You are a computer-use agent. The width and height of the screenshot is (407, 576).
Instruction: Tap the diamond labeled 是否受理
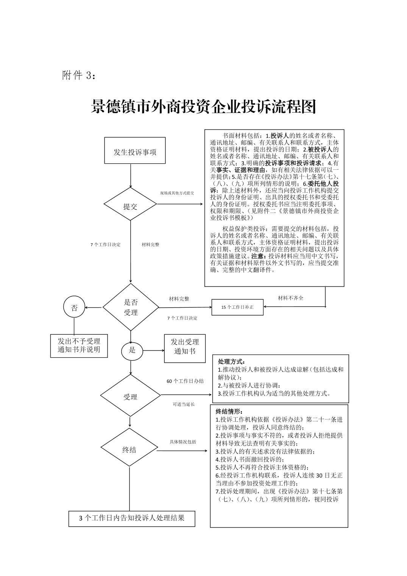coord(131,307)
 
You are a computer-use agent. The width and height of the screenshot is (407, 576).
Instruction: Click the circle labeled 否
coord(74,308)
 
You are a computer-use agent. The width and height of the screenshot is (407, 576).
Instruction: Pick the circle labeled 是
coord(132,350)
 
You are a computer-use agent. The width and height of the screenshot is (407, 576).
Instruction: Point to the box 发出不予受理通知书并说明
coord(79,345)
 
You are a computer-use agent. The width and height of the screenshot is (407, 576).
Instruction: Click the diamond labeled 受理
coord(130,396)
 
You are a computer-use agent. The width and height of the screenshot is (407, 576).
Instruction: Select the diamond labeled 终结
coord(129,449)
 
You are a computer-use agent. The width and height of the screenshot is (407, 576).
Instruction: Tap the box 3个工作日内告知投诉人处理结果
coord(132,518)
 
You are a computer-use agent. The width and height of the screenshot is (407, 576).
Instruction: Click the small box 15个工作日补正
coord(237,307)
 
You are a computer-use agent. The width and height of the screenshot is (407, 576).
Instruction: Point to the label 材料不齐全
coord(290,298)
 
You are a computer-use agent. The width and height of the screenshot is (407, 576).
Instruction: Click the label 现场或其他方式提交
coord(177,193)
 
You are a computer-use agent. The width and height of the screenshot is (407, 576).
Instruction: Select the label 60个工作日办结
coord(185,381)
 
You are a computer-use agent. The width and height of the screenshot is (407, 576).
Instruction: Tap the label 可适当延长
coord(184,404)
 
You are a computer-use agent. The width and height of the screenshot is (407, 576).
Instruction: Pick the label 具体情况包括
coord(183,442)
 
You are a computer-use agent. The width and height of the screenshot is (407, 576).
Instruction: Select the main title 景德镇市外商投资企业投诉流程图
coord(203,107)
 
